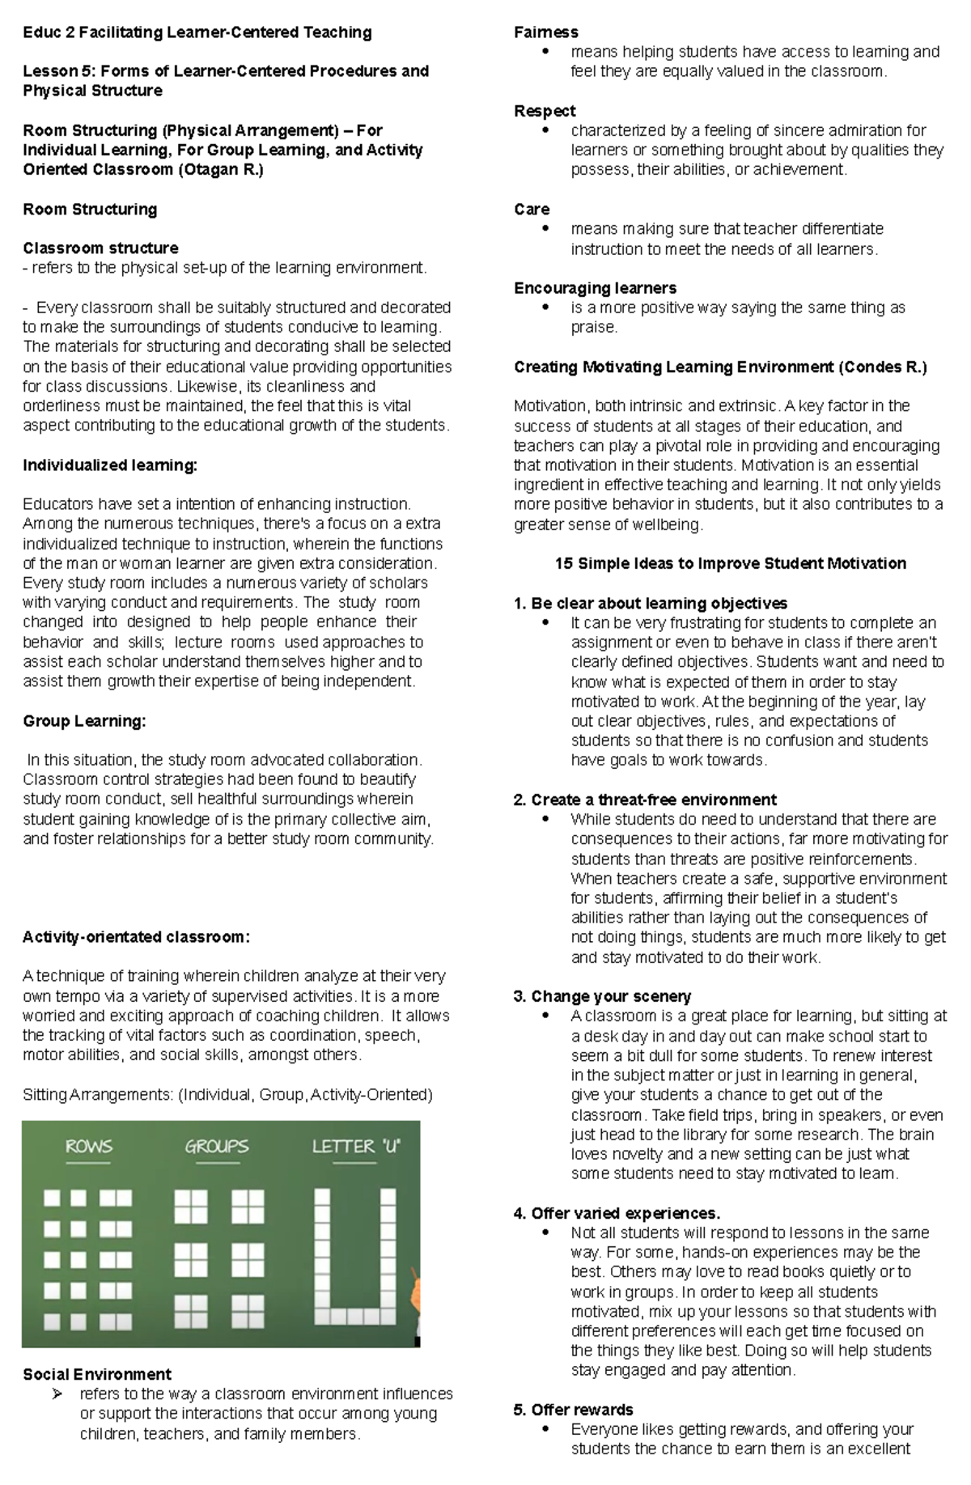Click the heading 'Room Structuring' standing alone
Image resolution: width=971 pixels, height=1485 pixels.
pos(90,210)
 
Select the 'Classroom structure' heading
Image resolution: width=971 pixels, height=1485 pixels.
pos(100,248)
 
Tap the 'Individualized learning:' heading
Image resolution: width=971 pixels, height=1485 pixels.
pos(110,465)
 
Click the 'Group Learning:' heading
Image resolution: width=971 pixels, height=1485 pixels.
pos(84,721)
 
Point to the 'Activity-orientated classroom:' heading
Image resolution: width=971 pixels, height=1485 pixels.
pos(136,937)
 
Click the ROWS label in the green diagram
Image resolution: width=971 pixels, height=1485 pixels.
pos(88,1146)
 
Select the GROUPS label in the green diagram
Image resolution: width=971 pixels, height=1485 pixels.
pos(216,1146)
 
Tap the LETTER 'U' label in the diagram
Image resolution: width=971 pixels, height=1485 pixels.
pos(356,1146)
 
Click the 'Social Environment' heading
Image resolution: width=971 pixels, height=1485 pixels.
pos(97,1374)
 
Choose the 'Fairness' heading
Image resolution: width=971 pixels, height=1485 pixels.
pos(545,32)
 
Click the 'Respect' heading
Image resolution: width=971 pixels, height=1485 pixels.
pos(545,111)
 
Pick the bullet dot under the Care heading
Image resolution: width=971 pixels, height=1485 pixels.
pos(545,229)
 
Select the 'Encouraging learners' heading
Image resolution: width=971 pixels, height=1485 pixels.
pos(595,288)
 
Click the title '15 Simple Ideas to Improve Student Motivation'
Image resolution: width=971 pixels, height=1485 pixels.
pos(730,563)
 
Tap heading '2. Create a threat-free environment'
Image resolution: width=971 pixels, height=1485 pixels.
pos(645,800)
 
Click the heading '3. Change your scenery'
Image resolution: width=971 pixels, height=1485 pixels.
pos(602,996)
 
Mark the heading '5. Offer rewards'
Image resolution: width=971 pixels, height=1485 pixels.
pos(573,1410)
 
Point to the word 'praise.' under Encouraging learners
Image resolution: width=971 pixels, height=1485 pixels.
pos(594,327)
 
